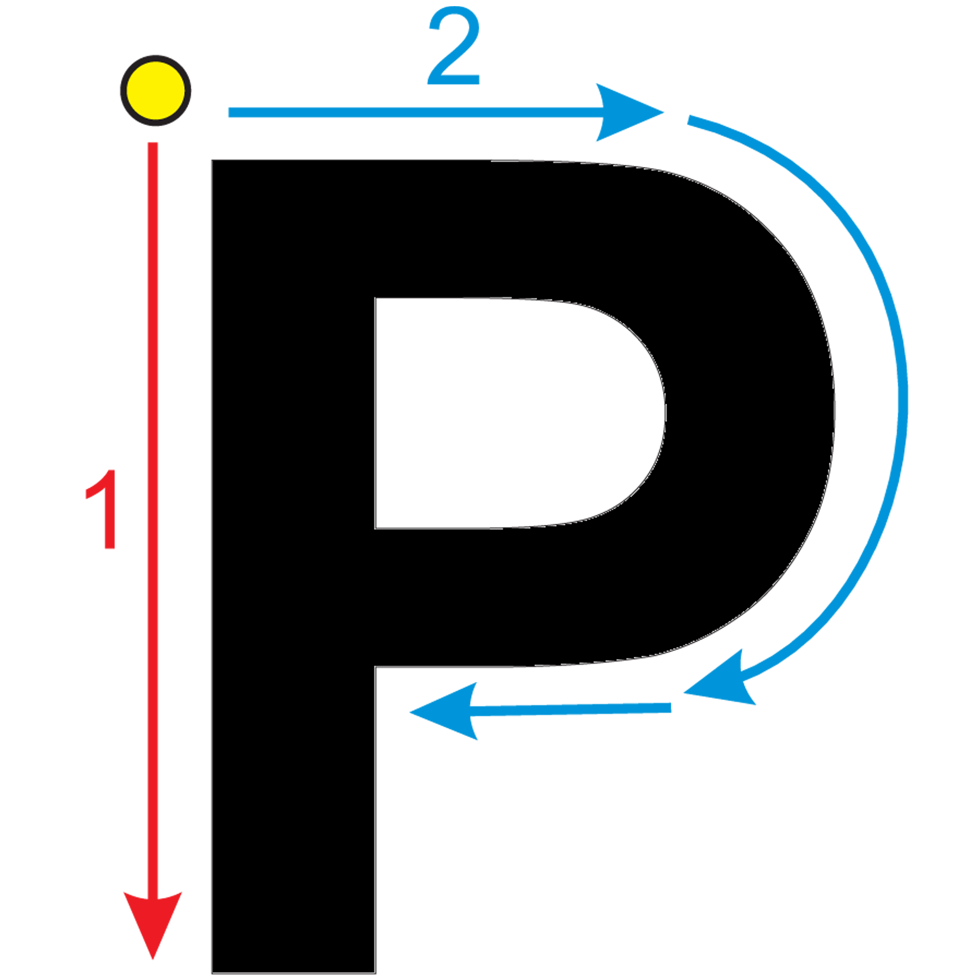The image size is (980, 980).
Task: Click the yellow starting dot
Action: point(155,90)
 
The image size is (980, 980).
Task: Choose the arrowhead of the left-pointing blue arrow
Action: point(445,711)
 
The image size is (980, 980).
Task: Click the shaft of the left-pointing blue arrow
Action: point(570,709)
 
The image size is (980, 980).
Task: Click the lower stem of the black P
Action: point(294,819)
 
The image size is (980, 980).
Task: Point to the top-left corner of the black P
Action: point(212,160)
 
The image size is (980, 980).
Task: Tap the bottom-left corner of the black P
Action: point(212,973)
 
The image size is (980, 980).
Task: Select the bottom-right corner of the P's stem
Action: point(376,973)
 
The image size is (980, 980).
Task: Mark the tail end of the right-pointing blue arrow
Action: point(229,113)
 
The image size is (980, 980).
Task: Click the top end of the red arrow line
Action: point(153,143)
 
